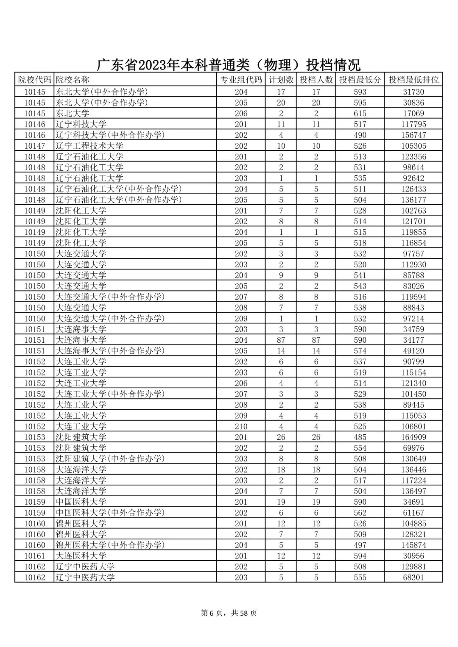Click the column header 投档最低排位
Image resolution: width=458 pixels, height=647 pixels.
[413, 80]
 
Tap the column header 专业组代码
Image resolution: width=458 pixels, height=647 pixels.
[241, 80]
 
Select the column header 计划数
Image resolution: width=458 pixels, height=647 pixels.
[281, 80]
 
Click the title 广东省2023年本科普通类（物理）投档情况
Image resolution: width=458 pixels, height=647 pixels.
[229, 65]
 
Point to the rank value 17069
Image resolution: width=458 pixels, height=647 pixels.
[413, 114]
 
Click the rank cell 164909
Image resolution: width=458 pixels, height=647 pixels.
[413, 437]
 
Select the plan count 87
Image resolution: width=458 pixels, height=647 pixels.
[281, 340]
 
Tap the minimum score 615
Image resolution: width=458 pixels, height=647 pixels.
[360, 114]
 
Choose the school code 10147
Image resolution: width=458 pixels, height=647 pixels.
[34, 146]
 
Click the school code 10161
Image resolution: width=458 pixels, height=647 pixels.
[34, 556]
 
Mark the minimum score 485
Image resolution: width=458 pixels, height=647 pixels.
[360, 437]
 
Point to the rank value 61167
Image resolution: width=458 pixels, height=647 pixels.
[413, 513]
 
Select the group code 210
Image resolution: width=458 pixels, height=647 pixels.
[241, 426]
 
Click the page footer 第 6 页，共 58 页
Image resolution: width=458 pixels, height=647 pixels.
[229, 613]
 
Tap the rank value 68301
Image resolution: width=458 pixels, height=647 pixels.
[413, 578]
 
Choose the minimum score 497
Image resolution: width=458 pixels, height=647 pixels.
[360, 545]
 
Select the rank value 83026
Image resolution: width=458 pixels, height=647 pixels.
[413, 286]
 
